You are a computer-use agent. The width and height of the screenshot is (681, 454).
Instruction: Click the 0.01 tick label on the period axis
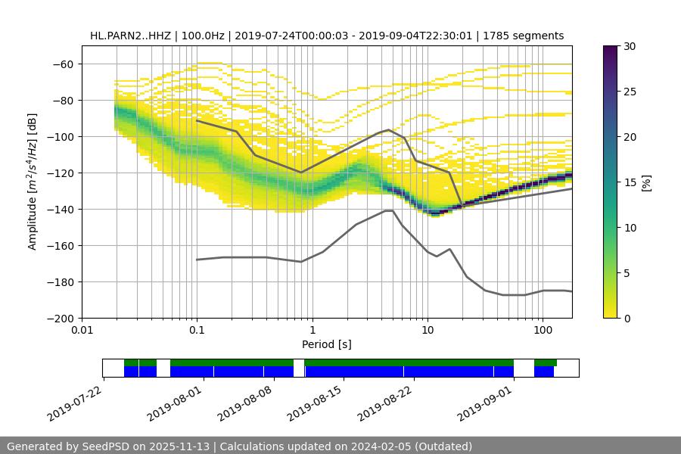pos(82,331)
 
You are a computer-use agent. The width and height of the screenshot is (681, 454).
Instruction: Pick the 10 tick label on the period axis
pos(428,331)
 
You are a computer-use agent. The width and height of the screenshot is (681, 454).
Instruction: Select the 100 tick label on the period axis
pos(543,331)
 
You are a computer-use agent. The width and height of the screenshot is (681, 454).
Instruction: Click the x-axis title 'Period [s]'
pos(326,344)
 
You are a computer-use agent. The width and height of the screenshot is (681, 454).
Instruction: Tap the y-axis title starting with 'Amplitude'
pos(33,182)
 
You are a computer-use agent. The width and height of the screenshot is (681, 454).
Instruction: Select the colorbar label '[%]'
pos(646,182)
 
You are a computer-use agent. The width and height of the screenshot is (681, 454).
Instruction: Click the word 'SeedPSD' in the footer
pos(105,446)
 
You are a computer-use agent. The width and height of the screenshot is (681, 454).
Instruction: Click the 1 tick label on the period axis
pos(313,331)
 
